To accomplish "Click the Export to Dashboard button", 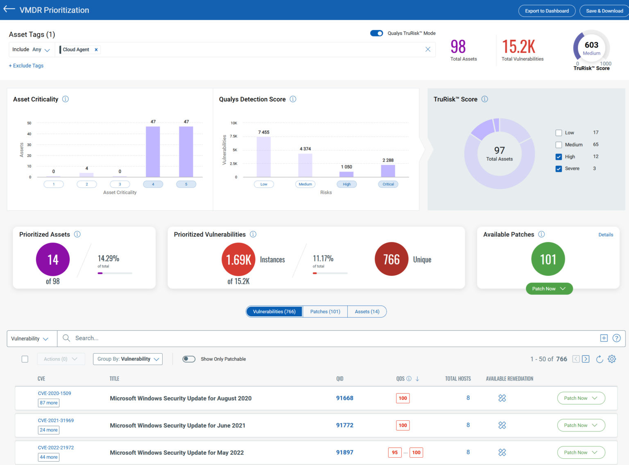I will (547, 11).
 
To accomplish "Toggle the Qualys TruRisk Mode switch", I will (376, 33).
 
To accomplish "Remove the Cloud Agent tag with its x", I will (96, 50).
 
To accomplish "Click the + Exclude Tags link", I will (26, 66).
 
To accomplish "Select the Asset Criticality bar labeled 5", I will (186, 152).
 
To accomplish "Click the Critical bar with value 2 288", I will (388, 171).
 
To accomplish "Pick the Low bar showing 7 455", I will (264, 157).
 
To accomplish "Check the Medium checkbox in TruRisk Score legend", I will (559, 145).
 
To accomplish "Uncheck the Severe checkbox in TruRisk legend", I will (559, 168).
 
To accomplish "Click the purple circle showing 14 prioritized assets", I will (53, 259).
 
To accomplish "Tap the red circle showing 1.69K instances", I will (238, 259).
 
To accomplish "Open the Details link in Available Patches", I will (605, 235).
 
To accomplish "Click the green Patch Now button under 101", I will (549, 289).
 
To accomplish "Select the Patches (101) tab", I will (325, 312).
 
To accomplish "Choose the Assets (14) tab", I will (367, 312).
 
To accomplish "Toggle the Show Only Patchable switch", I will (189, 359).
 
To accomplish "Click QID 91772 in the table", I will (344, 425).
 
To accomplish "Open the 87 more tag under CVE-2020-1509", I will (49, 403).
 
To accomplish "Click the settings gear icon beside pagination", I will (612, 359).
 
